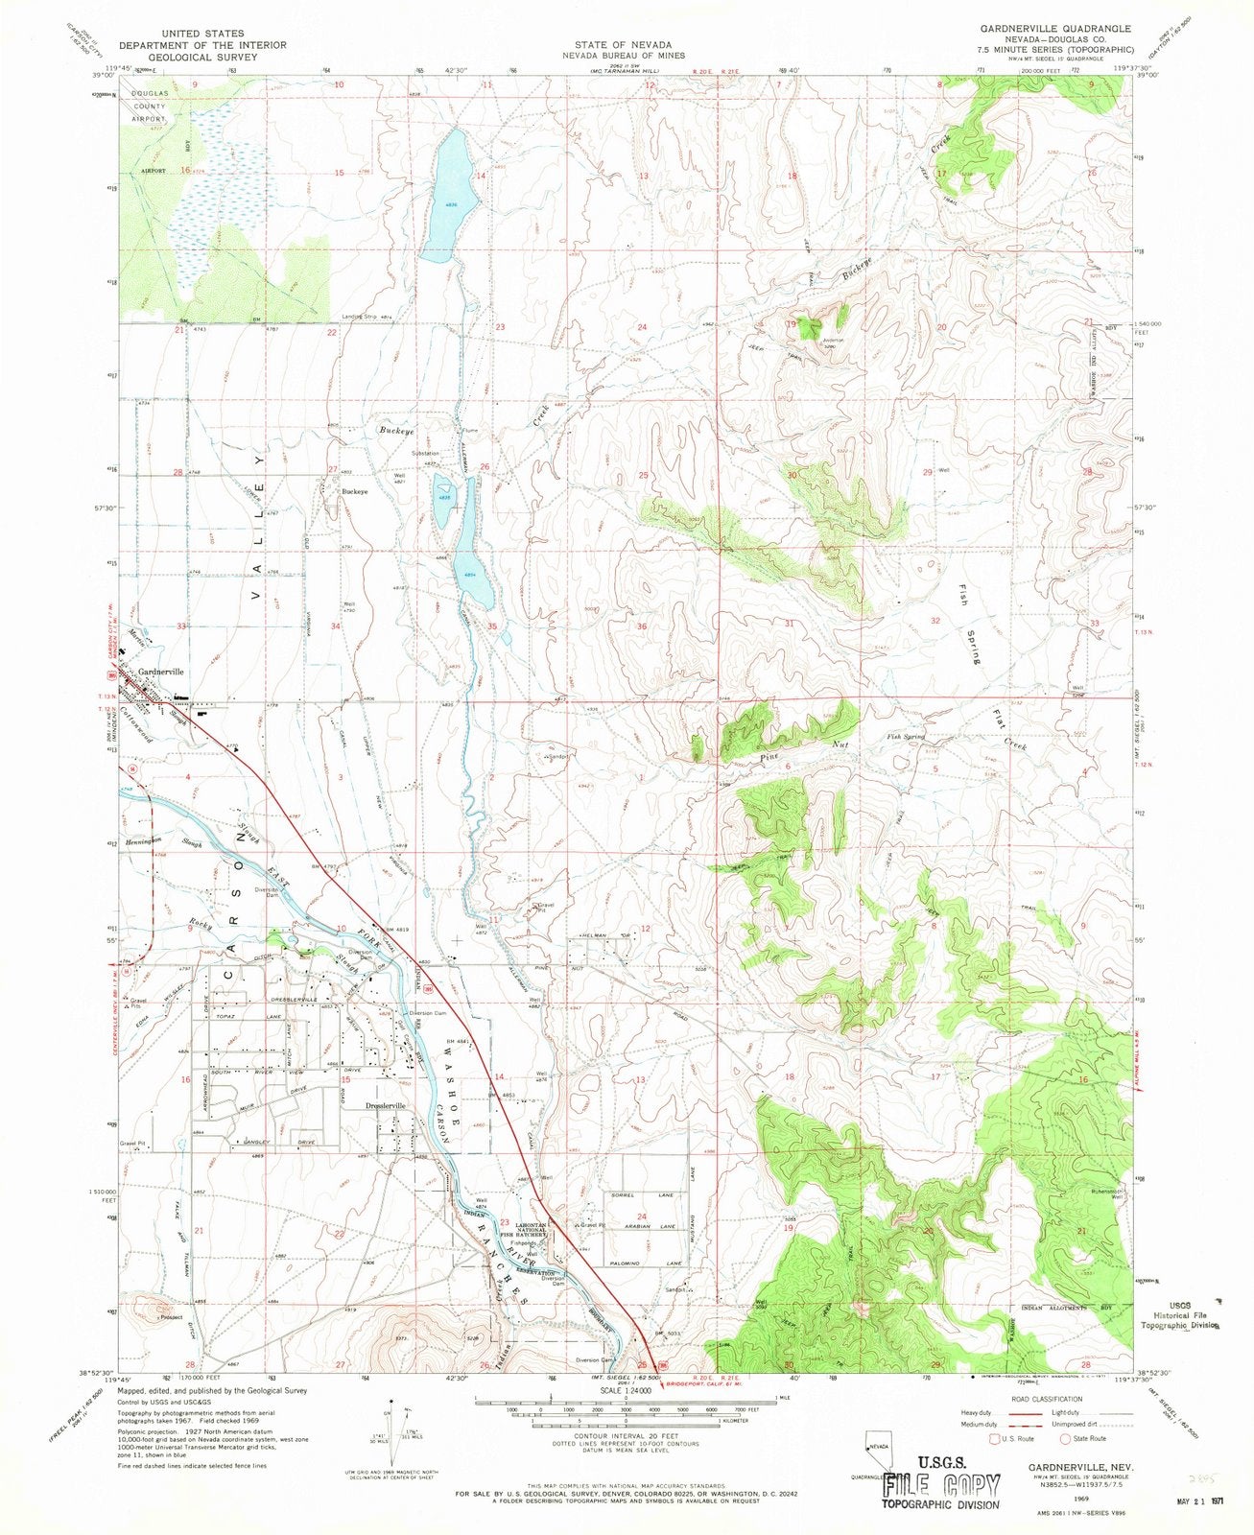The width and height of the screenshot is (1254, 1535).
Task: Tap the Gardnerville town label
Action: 160,672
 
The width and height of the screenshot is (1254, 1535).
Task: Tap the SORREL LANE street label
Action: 646,1197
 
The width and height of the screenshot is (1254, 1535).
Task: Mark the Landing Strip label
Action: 361,317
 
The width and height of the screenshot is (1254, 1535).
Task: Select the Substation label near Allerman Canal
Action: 425,453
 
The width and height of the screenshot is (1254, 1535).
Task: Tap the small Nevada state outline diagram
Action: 875,1447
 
